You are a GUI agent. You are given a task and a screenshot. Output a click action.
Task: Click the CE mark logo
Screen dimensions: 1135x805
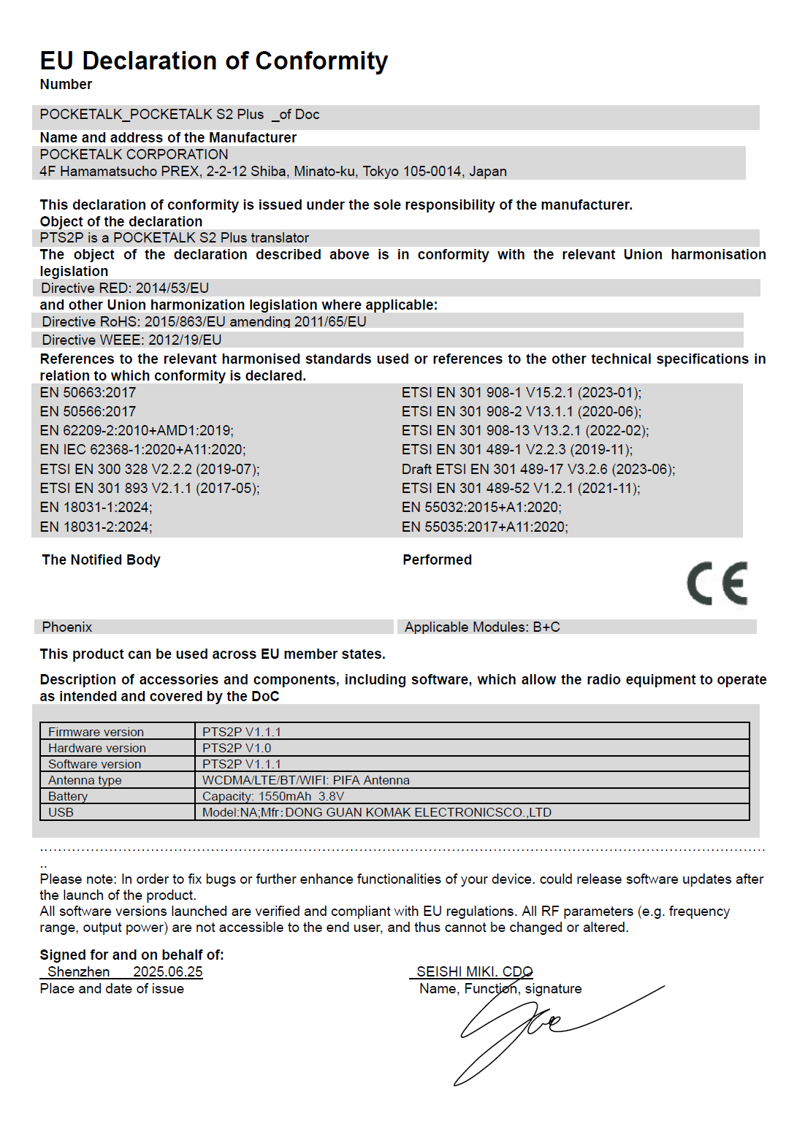click(x=717, y=584)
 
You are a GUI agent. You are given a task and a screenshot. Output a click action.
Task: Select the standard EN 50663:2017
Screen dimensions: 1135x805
click(x=88, y=393)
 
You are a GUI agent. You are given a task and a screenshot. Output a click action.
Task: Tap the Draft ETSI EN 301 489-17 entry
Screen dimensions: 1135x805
click(x=538, y=469)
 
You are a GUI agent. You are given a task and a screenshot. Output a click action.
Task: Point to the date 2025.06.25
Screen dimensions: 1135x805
click(x=168, y=972)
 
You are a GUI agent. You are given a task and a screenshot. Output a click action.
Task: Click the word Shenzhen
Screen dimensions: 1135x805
click(x=79, y=972)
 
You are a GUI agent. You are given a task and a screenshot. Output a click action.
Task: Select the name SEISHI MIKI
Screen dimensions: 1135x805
click(x=456, y=972)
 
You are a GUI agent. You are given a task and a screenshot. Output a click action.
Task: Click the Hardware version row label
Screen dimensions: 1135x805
click(x=97, y=748)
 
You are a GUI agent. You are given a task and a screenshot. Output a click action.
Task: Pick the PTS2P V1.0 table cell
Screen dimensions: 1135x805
click(x=237, y=748)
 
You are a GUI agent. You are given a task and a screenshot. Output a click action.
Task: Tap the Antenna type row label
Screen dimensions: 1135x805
click(x=85, y=780)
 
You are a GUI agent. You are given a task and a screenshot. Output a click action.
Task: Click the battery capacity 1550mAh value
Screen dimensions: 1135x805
click(x=285, y=796)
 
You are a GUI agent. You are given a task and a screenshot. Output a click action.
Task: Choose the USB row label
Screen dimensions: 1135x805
click(x=61, y=812)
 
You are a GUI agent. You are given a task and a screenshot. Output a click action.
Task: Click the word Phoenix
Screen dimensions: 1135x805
click(x=67, y=627)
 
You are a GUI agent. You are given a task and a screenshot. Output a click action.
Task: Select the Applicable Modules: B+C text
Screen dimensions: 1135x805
click(x=482, y=627)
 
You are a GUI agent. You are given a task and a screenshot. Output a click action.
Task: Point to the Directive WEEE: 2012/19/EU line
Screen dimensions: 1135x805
click(x=131, y=340)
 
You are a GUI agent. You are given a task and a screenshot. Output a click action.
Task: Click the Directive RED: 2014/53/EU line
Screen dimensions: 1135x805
click(x=125, y=288)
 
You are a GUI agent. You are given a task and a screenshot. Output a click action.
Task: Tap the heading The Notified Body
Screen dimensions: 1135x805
click(x=101, y=560)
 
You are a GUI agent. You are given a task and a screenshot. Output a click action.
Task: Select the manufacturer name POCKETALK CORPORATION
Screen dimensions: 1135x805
click(x=134, y=155)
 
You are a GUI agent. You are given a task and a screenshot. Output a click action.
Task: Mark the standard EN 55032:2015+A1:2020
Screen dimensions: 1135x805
click(x=481, y=508)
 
